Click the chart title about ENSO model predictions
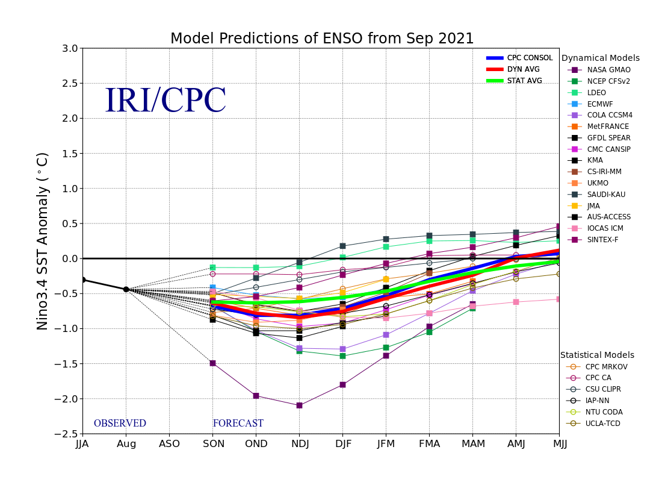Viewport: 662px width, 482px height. click(x=322, y=39)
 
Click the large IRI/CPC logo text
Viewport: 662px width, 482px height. click(x=165, y=101)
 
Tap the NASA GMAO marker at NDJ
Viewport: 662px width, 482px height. click(x=299, y=405)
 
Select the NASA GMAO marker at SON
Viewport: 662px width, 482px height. click(x=212, y=363)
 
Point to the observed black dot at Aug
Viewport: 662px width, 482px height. click(x=126, y=289)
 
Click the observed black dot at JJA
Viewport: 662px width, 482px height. click(x=83, y=280)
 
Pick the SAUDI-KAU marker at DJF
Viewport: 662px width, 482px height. click(x=342, y=246)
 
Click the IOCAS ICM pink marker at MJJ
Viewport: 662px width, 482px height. click(x=558, y=299)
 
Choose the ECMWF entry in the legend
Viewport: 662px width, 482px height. click(x=600, y=104)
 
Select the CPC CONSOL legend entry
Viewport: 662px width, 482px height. click(x=530, y=58)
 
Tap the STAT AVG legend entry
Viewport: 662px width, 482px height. click(x=524, y=81)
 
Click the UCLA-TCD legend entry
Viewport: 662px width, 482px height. click(x=604, y=424)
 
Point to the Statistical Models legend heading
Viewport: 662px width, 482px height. click(x=597, y=355)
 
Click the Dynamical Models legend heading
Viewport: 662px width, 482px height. click(x=600, y=58)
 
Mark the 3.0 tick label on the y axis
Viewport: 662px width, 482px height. click(x=70, y=48)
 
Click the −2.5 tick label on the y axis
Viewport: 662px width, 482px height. click(x=66, y=434)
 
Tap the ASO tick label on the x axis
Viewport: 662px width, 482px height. click(x=169, y=444)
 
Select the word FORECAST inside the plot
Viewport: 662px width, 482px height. click(x=238, y=424)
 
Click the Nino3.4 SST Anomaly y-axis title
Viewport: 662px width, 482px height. click(x=43, y=241)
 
